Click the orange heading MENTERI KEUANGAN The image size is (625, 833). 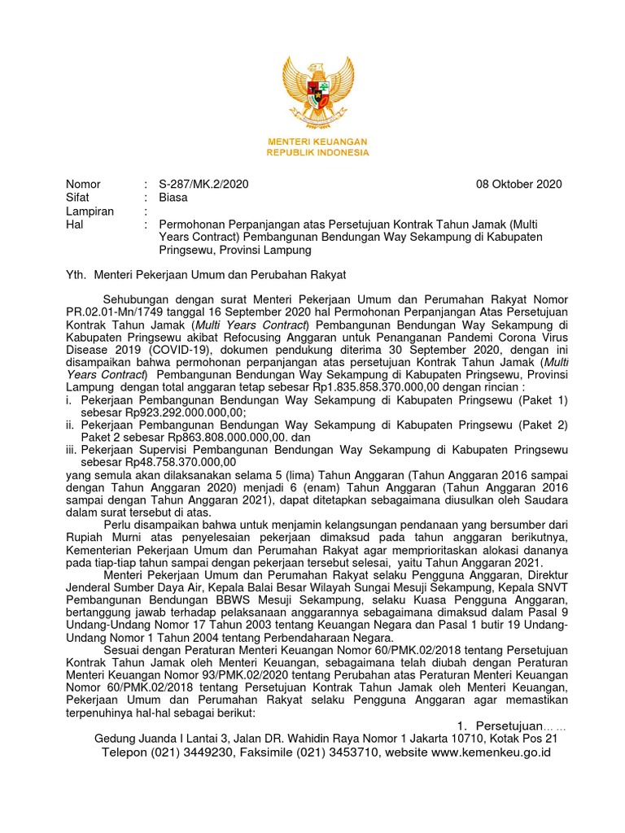pos(317,142)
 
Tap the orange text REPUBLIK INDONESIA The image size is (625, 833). pos(317,152)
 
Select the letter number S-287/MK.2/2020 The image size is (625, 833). pos(203,184)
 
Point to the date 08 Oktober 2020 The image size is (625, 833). pos(518,184)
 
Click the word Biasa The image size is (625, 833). pos(173,197)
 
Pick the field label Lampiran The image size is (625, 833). pos(90,211)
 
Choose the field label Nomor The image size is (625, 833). pos(83,184)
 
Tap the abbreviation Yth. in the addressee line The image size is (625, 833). pos(76,276)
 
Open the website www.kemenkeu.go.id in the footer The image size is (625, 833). pos(492,752)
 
